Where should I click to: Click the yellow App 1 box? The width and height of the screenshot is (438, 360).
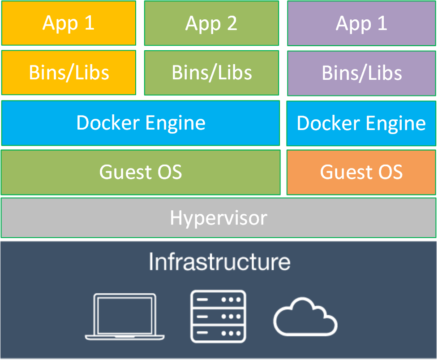pyautogui.click(x=69, y=23)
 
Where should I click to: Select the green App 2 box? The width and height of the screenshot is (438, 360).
pyautogui.click(x=211, y=23)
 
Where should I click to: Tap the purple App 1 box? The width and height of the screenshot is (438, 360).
pyautogui.click(x=361, y=23)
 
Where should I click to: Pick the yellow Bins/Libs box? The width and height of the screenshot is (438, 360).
pyautogui.click(x=69, y=73)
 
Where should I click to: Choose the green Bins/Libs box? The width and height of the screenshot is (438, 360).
pyautogui.click(x=211, y=73)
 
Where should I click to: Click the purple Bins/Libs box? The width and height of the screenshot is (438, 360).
pyautogui.click(x=361, y=73)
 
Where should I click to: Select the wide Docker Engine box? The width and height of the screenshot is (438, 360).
pyautogui.click(x=141, y=123)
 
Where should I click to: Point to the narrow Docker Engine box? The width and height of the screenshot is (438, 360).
pyautogui.click(x=361, y=123)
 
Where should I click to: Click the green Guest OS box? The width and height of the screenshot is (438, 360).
pyautogui.click(x=141, y=172)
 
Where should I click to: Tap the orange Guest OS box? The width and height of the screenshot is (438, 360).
pyautogui.click(x=361, y=172)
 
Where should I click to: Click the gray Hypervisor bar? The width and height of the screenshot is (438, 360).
pyautogui.click(x=219, y=217)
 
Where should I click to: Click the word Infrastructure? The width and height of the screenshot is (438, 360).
pyautogui.click(x=219, y=261)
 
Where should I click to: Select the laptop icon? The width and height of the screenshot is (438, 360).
pyautogui.click(x=125, y=317)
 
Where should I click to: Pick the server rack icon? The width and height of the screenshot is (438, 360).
pyautogui.click(x=218, y=317)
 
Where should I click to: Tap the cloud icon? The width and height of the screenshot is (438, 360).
pyautogui.click(x=305, y=317)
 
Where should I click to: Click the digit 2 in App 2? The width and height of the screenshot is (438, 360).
pyautogui.click(x=232, y=23)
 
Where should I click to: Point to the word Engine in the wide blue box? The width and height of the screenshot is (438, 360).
pyautogui.click(x=176, y=123)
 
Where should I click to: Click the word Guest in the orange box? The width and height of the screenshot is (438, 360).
pyautogui.click(x=346, y=172)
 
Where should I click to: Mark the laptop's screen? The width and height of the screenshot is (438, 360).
pyautogui.click(x=125, y=315)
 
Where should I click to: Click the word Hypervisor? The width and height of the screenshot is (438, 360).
pyautogui.click(x=219, y=218)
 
